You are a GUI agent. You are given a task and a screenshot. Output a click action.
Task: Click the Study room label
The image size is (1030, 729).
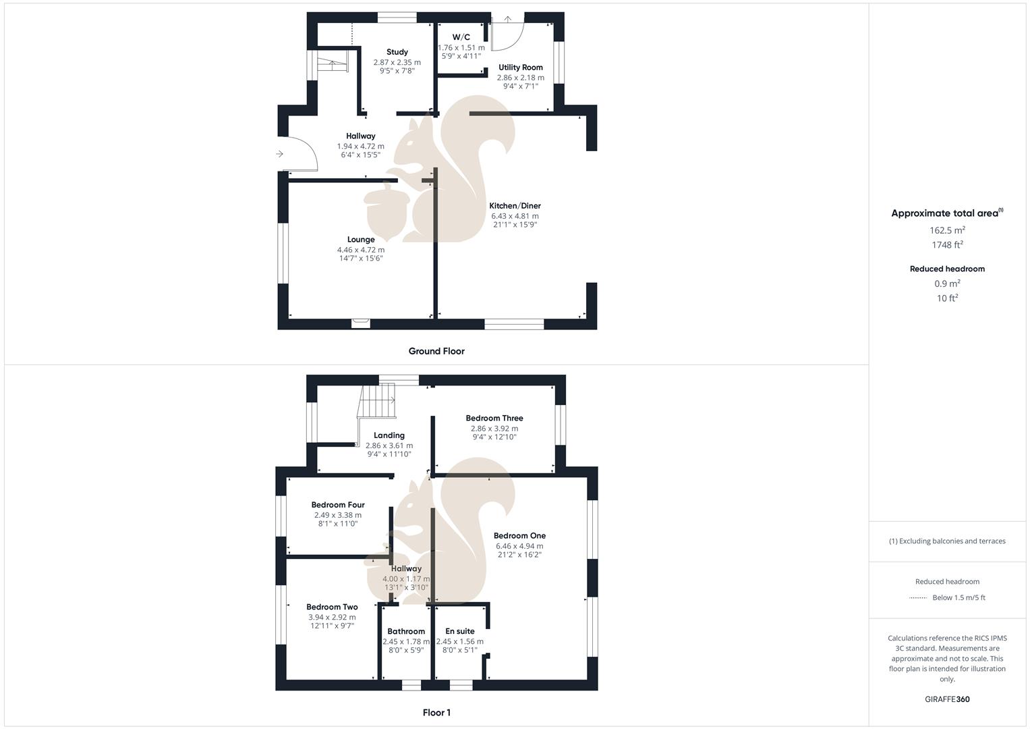[397, 52]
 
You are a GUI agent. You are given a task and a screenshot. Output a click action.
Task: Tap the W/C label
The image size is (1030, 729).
[461, 37]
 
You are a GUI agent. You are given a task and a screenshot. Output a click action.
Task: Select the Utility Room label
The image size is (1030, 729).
[521, 67]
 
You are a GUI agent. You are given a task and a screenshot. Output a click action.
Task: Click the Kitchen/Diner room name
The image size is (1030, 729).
[515, 206]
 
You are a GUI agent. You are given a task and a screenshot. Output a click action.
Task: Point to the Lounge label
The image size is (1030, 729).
[361, 240]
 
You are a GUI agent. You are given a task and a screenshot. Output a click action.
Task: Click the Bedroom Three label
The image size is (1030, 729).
[494, 418]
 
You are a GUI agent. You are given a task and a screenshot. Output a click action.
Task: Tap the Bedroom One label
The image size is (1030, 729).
[519, 536]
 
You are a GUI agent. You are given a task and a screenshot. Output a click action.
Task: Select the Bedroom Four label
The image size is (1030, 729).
[338, 505]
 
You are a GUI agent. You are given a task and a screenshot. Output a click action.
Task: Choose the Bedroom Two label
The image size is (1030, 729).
[332, 607]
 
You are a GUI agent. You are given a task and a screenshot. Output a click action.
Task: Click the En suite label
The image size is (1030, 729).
[460, 631]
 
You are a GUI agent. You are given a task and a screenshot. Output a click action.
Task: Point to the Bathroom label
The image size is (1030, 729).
[406, 631]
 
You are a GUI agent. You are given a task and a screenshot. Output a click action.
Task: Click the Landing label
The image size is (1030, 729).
[389, 435]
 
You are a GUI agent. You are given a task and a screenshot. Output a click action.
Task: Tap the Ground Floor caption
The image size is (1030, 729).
[436, 351]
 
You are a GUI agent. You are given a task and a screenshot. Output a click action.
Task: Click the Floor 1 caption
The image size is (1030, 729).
[436, 713]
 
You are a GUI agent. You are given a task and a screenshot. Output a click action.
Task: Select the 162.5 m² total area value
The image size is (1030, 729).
[947, 230]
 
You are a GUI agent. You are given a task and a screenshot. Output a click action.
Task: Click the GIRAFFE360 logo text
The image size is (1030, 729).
[947, 699]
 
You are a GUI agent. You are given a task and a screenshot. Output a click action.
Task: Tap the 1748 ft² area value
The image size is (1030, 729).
[947, 245]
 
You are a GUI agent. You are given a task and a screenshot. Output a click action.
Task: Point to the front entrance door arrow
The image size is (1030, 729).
[279, 155]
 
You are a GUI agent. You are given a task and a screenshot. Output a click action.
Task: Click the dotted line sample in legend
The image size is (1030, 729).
[918, 597]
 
